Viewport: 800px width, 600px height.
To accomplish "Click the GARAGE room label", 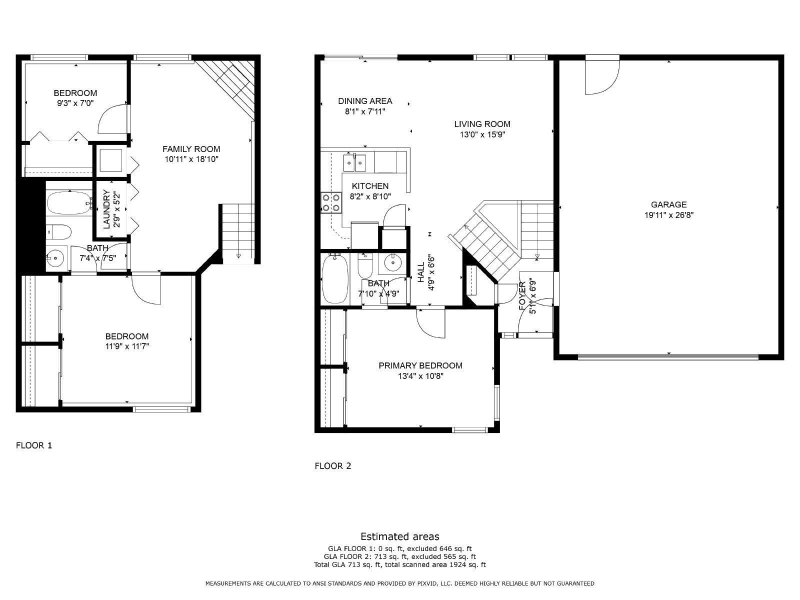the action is point(669,204).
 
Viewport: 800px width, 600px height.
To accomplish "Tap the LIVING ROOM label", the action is point(482,124).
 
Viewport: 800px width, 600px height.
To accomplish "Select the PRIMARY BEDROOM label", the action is point(420,366).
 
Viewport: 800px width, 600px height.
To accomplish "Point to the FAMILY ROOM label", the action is point(191,149).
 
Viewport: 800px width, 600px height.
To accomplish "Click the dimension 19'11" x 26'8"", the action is point(669,215).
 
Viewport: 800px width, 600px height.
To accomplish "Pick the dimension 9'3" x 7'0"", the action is point(75,103).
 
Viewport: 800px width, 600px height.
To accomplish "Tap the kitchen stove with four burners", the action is point(331,203).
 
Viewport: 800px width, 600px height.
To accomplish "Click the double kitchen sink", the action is point(354,162).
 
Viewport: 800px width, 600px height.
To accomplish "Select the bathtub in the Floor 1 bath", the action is point(69,203).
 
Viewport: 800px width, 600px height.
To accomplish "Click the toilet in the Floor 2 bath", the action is point(365,265).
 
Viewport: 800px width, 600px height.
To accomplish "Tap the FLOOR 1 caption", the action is point(34,445).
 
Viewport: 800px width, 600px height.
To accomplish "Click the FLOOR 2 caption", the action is point(333,466).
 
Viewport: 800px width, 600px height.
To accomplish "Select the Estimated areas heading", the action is point(400,536).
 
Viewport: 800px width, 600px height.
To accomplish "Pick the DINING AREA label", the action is point(365,101).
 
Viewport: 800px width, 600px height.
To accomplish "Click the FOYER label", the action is point(522,295).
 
